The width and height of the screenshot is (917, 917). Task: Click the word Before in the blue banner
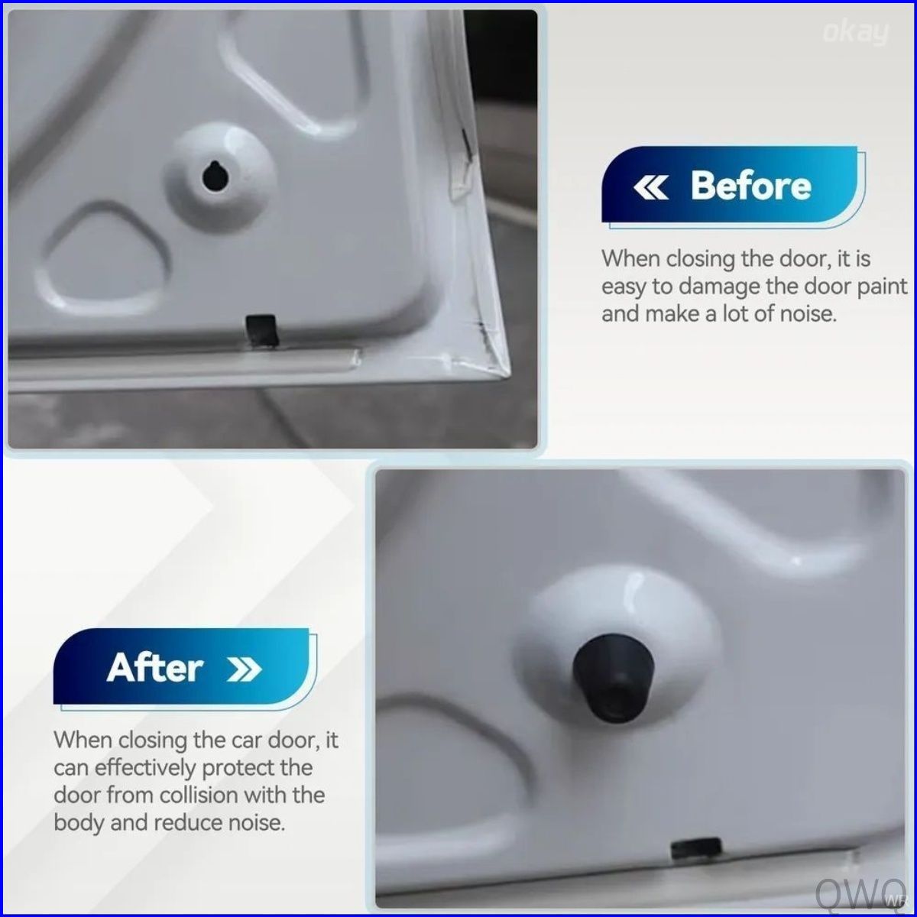(751, 186)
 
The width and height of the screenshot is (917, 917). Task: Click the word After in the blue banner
(155, 668)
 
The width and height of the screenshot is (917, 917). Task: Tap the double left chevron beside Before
(650, 187)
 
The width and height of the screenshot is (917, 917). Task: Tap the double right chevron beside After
(245, 669)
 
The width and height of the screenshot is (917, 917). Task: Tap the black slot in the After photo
(695, 849)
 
